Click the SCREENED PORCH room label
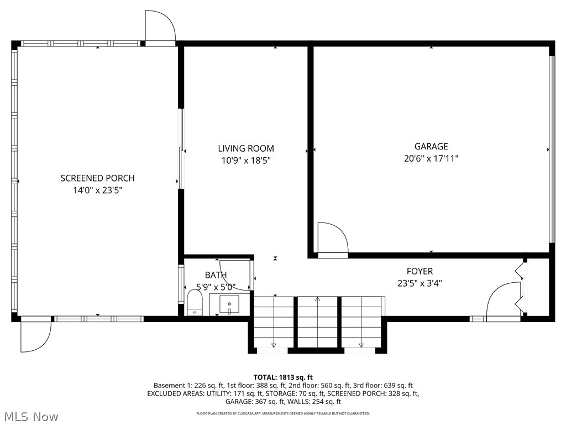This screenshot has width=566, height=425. coord(97,178)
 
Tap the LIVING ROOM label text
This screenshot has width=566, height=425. coord(245,148)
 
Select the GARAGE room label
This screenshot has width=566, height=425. coord(431,147)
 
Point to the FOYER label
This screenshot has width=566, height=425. coord(420,271)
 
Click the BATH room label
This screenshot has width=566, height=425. coord(216,275)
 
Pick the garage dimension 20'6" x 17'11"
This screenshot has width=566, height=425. coord(431,158)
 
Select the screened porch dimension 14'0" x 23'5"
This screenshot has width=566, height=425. coord(97,190)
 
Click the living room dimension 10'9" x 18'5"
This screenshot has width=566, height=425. coord(245,160)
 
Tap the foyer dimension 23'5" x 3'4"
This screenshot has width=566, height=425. coord(420,283)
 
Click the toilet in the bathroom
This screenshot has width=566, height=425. coord(195,303)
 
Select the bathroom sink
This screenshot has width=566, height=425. coord(229,304)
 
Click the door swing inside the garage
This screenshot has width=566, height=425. coord(332,238)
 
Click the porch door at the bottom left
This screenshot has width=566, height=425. coord(35,336)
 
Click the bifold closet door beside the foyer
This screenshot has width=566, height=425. coord(520,288)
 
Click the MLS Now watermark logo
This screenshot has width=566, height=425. coord(30,416)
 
